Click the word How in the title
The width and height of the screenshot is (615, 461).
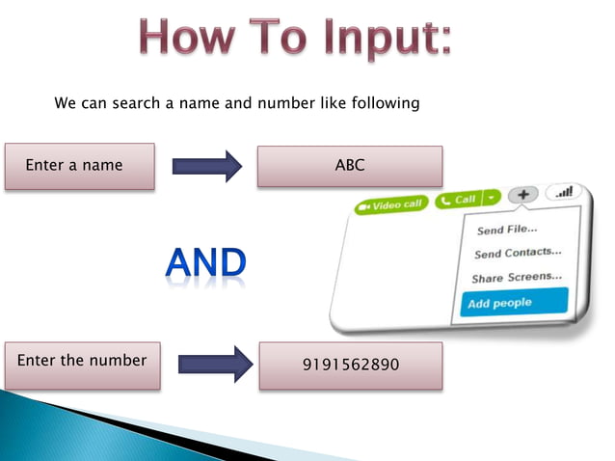click(189, 39)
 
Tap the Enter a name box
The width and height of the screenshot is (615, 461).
click(79, 166)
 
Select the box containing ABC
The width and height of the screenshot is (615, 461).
click(349, 166)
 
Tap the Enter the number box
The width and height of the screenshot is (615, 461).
click(82, 362)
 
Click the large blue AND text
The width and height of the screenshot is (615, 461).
click(204, 262)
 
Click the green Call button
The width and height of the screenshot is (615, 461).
click(459, 200)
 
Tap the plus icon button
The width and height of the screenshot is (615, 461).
click(523, 195)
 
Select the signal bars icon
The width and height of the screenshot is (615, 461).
click(563, 192)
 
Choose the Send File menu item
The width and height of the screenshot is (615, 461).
click(507, 230)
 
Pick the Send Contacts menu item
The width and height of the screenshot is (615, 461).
click(518, 254)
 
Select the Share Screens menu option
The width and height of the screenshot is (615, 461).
click(517, 278)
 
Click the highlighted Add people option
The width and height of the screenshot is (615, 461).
click(499, 303)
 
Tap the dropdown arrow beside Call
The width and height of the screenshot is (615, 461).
click(492, 198)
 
